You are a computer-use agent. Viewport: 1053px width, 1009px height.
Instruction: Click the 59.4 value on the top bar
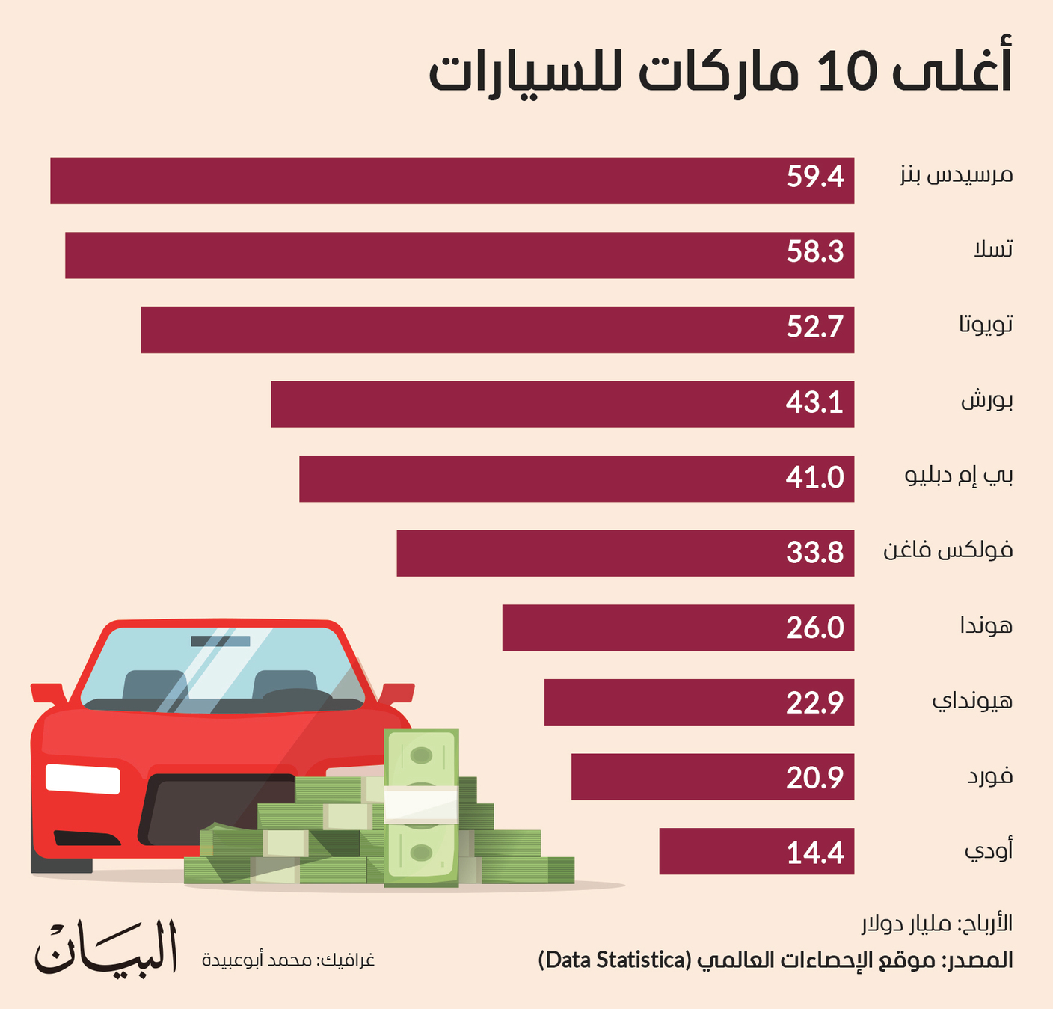click(814, 177)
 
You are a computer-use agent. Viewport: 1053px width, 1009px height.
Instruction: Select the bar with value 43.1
click(561, 404)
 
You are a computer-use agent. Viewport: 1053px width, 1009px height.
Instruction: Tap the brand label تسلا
click(992, 249)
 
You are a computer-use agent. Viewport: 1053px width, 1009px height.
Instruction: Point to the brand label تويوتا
click(986, 325)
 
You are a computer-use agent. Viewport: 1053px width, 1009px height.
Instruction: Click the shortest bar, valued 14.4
click(755, 851)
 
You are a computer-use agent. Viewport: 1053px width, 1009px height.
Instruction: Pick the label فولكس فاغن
click(948, 551)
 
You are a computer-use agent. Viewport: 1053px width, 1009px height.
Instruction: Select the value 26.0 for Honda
click(814, 628)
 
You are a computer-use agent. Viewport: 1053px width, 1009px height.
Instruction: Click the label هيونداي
click(971, 702)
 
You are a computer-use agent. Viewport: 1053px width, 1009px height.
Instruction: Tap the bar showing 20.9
click(710, 777)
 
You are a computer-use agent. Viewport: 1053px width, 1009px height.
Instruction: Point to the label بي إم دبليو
click(959, 476)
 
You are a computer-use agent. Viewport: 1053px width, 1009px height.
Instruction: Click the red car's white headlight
click(82, 778)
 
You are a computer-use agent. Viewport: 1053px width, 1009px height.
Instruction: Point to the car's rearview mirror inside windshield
click(220, 641)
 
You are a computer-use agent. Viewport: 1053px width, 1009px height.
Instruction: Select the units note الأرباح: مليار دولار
click(936, 924)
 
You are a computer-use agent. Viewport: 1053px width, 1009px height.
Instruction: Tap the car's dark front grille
click(217, 812)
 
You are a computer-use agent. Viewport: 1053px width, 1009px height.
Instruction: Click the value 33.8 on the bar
click(814, 553)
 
